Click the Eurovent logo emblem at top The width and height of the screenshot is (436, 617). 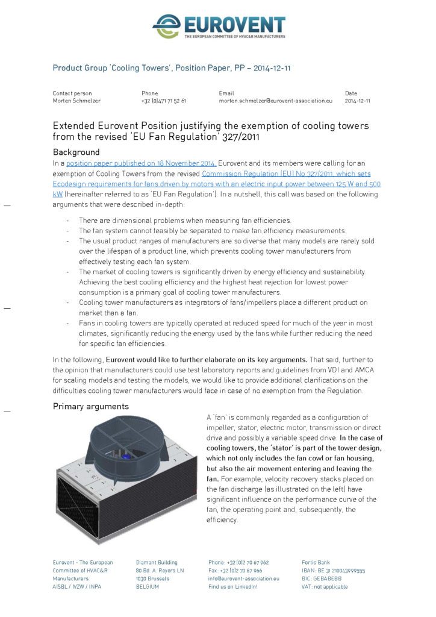[x=166, y=25]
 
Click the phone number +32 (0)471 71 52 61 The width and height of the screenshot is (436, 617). [x=163, y=101]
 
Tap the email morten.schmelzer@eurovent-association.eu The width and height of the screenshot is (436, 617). [x=275, y=101]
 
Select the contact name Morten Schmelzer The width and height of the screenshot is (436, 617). [x=76, y=101]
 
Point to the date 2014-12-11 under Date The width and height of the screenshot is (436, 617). [x=357, y=101]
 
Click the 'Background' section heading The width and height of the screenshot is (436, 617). [x=76, y=152]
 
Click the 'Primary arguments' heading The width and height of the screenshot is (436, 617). [x=91, y=407]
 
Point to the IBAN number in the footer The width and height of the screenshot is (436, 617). [x=333, y=570]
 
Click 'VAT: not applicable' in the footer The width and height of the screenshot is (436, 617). [x=325, y=586]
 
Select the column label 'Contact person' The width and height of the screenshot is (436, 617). [x=72, y=93]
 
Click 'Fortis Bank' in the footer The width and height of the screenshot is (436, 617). [x=316, y=562]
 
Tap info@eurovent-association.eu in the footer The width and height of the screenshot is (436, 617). [x=244, y=578]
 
